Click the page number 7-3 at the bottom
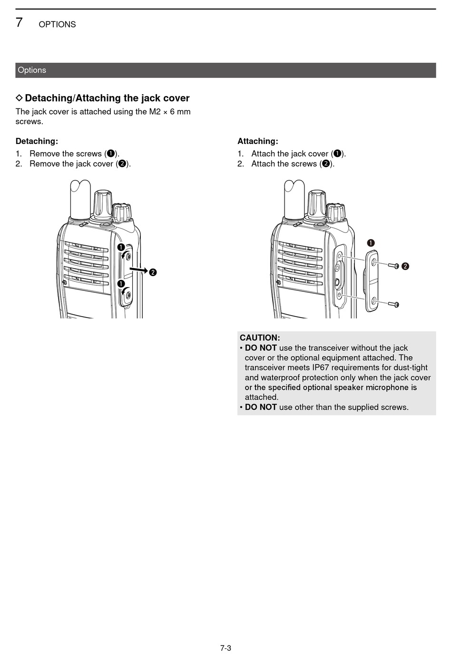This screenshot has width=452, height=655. click(226, 648)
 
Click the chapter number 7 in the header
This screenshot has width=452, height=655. click(19, 22)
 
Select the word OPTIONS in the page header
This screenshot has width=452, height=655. click(57, 24)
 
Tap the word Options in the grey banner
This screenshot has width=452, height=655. click(32, 70)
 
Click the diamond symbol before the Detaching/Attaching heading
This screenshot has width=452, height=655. click(19, 98)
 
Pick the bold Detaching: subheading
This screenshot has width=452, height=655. click(37, 141)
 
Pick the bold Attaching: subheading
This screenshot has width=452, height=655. click(258, 141)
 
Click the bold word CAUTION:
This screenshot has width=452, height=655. click(260, 338)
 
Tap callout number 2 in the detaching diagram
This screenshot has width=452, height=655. click(153, 272)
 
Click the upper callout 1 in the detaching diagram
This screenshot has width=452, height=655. click(121, 247)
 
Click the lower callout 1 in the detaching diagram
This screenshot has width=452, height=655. click(121, 284)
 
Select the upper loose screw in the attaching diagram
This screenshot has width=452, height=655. click(393, 266)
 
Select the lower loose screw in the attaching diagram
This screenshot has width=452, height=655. click(393, 304)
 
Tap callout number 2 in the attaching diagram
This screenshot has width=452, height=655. click(405, 266)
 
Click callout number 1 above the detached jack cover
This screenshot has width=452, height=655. click(371, 243)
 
